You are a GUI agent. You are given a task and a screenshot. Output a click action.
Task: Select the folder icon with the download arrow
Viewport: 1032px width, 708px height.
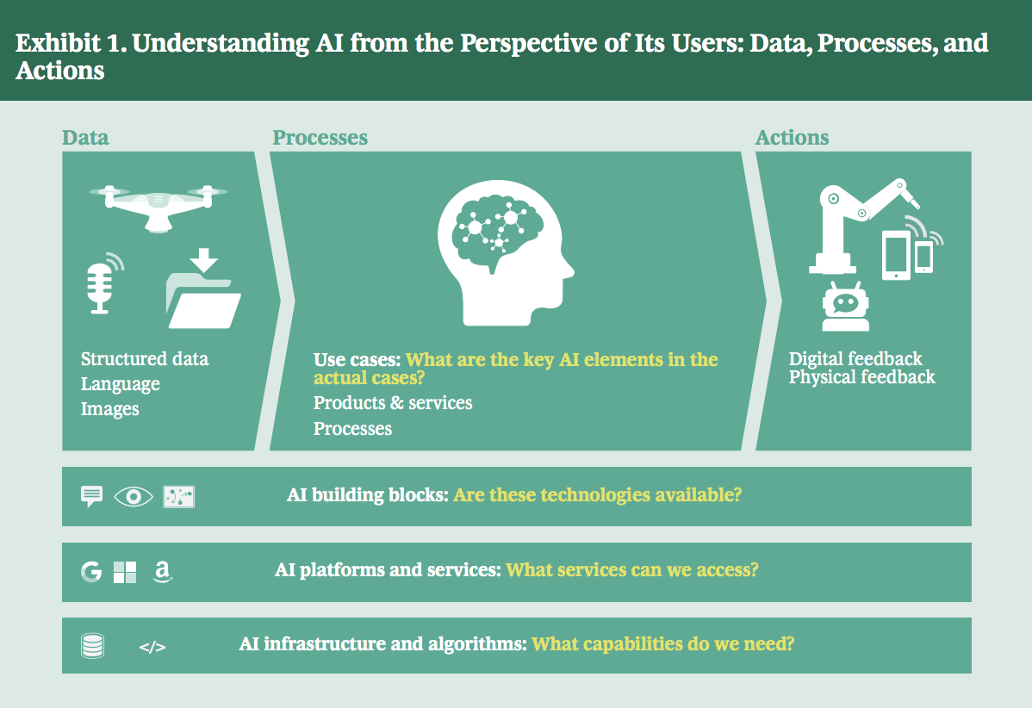point(203,289)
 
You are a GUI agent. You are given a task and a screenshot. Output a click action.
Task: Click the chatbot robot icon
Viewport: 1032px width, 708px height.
point(845,307)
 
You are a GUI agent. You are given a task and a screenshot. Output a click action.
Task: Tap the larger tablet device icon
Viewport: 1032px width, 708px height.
point(897,255)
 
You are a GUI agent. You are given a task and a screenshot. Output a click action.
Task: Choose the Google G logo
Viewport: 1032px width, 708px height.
point(91,572)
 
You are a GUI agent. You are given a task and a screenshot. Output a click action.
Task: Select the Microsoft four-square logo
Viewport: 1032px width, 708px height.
point(125,572)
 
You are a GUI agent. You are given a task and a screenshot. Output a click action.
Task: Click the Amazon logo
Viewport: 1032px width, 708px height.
point(162,572)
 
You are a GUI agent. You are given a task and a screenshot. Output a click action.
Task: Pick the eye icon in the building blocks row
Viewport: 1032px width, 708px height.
point(134,497)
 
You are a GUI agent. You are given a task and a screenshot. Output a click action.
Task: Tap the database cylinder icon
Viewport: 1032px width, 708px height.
point(92,645)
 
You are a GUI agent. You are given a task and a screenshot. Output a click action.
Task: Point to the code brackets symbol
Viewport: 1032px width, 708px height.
point(152,648)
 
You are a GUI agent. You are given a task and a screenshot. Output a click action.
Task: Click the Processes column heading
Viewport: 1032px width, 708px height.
point(320,138)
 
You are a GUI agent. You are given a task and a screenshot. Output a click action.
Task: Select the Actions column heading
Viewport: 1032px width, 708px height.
point(792,138)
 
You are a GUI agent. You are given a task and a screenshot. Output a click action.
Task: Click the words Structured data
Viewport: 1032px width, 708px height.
point(145,358)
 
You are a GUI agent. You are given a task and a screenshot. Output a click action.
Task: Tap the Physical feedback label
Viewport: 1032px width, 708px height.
point(861,377)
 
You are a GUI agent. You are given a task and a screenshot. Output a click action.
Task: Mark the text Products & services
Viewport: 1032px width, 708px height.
point(393,403)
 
